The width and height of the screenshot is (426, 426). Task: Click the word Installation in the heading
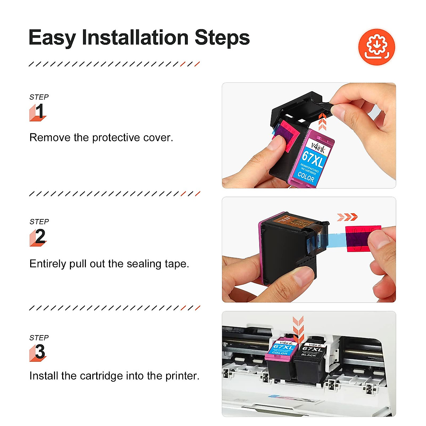(135, 38)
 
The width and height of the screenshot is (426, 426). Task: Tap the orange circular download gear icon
(376, 47)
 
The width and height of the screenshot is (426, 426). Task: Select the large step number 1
(39, 111)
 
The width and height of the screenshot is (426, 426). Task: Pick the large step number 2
(40, 236)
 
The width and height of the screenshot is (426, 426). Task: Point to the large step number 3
(40, 352)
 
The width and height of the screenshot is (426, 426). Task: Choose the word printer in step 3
(182, 376)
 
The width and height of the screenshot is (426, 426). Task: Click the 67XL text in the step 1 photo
(312, 159)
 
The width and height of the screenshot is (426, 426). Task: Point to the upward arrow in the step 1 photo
(322, 122)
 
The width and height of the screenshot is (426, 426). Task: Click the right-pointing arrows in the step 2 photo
(347, 217)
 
